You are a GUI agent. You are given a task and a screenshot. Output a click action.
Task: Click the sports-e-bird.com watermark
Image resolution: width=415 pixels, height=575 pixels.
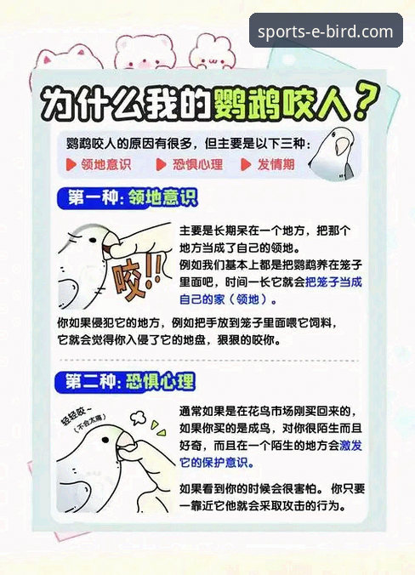326,32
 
